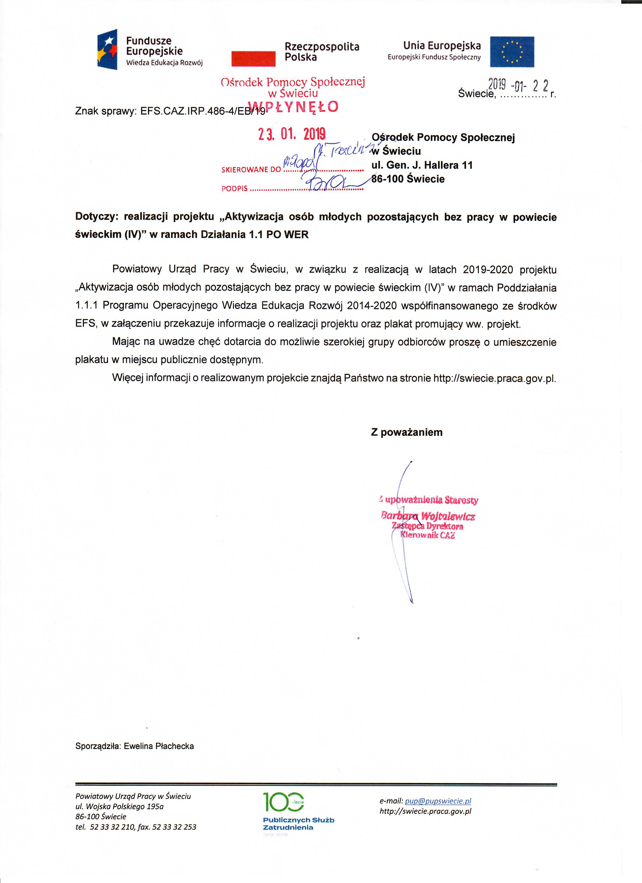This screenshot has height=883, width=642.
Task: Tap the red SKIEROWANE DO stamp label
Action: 251,170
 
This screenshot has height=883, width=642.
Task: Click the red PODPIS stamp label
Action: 234,189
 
